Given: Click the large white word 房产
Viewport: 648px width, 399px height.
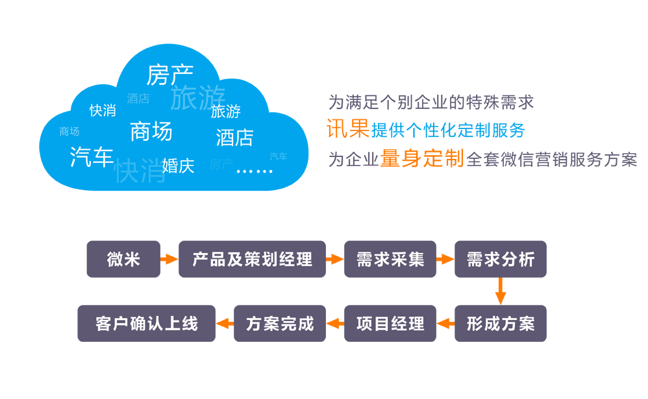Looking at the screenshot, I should click(169, 75).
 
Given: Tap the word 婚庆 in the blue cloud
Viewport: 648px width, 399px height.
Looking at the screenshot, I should click(179, 166).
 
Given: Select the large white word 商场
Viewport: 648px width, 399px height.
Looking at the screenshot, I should click(151, 132).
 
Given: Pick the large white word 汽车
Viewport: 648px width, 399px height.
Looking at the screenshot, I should click(92, 157).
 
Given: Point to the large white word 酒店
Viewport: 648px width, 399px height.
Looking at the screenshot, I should click(234, 138).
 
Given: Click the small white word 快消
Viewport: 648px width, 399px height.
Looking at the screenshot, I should click(103, 111).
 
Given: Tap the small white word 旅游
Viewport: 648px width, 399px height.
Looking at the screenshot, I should click(226, 112).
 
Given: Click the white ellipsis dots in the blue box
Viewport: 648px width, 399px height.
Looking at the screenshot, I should click(255, 171).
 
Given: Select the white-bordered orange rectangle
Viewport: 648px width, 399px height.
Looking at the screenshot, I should click(348, 128).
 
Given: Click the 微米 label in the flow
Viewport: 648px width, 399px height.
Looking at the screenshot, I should click(123, 260).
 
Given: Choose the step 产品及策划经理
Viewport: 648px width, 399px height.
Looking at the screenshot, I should click(252, 260).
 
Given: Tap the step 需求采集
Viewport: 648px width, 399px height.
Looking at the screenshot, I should click(390, 260).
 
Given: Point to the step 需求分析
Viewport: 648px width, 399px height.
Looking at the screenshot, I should click(501, 260).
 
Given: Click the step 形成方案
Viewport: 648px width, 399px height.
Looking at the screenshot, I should click(501, 324).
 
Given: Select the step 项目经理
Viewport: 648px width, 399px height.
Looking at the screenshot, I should click(390, 324).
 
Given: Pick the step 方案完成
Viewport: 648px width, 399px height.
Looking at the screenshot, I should click(280, 324).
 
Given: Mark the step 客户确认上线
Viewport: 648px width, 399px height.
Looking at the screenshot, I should click(147, 324).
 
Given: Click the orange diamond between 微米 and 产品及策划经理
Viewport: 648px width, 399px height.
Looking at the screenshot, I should click(169, 260).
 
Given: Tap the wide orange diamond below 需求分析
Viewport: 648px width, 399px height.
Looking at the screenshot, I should click(501, 291).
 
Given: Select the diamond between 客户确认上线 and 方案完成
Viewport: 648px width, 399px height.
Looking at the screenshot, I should click(225, 324).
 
